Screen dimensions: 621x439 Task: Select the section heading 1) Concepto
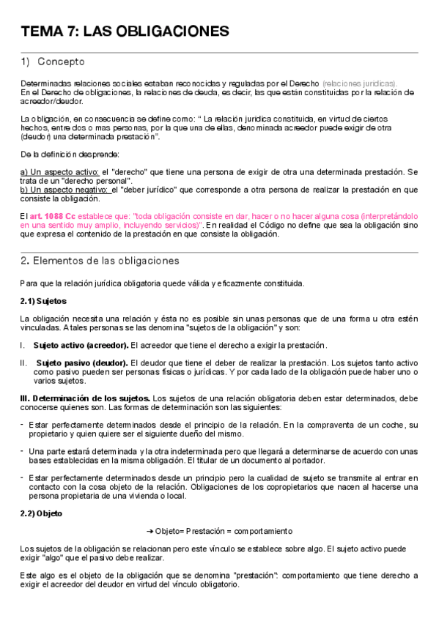tap(53, 62)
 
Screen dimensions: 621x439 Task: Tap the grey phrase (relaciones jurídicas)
tap(359, 83)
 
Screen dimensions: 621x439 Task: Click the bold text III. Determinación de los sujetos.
tap(85, 398)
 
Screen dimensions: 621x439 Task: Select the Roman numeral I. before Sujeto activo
tap(23, 346)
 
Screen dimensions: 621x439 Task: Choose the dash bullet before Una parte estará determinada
tap(22, 451)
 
